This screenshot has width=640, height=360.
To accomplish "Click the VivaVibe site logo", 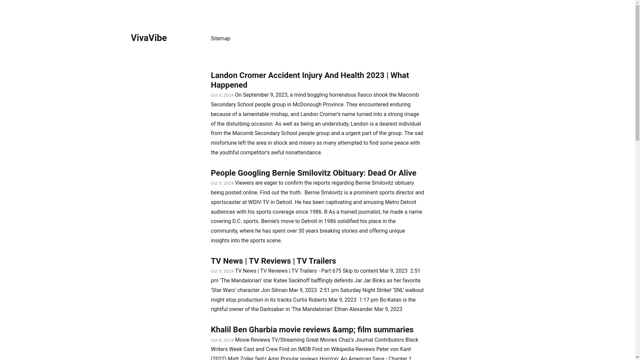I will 149,38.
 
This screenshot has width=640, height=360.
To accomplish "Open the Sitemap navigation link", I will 220,39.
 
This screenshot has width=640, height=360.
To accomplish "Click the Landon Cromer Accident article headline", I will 309,80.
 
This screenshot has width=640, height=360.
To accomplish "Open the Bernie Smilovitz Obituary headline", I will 313,173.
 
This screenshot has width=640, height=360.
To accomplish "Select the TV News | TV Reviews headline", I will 273,261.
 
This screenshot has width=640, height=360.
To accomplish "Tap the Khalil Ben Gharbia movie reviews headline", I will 312,330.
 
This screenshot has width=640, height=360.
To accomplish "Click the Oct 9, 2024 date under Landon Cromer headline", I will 222,95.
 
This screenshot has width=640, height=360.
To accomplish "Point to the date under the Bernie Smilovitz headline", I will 222,183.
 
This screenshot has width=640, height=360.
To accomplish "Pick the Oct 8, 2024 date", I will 222,340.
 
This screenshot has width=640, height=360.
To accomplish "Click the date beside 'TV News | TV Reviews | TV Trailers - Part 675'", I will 222,271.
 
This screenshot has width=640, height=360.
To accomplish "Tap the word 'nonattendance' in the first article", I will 303,153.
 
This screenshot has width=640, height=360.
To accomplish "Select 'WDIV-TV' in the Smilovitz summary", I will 258,202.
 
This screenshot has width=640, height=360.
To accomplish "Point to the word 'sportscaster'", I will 226,202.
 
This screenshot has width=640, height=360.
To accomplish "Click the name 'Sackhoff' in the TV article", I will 299,281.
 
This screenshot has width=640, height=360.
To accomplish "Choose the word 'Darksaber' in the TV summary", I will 272,309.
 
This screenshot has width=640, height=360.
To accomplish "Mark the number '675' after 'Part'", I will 336,271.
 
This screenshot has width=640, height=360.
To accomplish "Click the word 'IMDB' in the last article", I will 304,349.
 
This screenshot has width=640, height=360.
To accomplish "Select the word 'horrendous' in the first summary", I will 342,95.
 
